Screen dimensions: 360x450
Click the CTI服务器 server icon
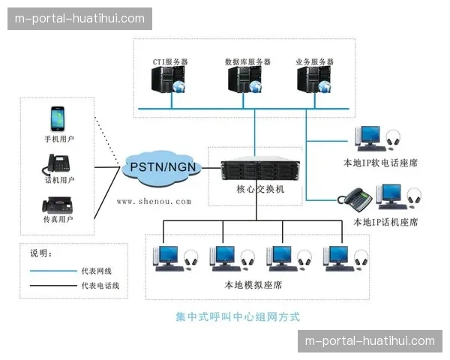pyautogui.click(x=166, y=82)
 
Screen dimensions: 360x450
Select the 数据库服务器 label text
pyautogui.click(x=247, y=61)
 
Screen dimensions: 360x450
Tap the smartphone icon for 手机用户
pyautogui.click(x=58, y=118)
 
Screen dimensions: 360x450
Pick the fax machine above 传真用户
pyautogui.click(x=58, y=204)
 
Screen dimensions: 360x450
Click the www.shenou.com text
pyautogui.click(x=154, y=201)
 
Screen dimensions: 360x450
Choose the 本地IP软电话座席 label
pyautogui.click(x=379, y=160)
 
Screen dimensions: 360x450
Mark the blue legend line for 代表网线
pyautogui.click(x=52, y=270)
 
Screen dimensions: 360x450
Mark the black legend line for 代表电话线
pyautogui.click(x=52, y=286)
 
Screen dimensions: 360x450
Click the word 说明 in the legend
pyautogui.click(x=38, y=253)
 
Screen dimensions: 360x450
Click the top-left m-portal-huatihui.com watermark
pyautogui.click(x=80, y=18)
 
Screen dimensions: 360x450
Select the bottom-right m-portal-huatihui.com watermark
pyautogui.click(x=369, y=341)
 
